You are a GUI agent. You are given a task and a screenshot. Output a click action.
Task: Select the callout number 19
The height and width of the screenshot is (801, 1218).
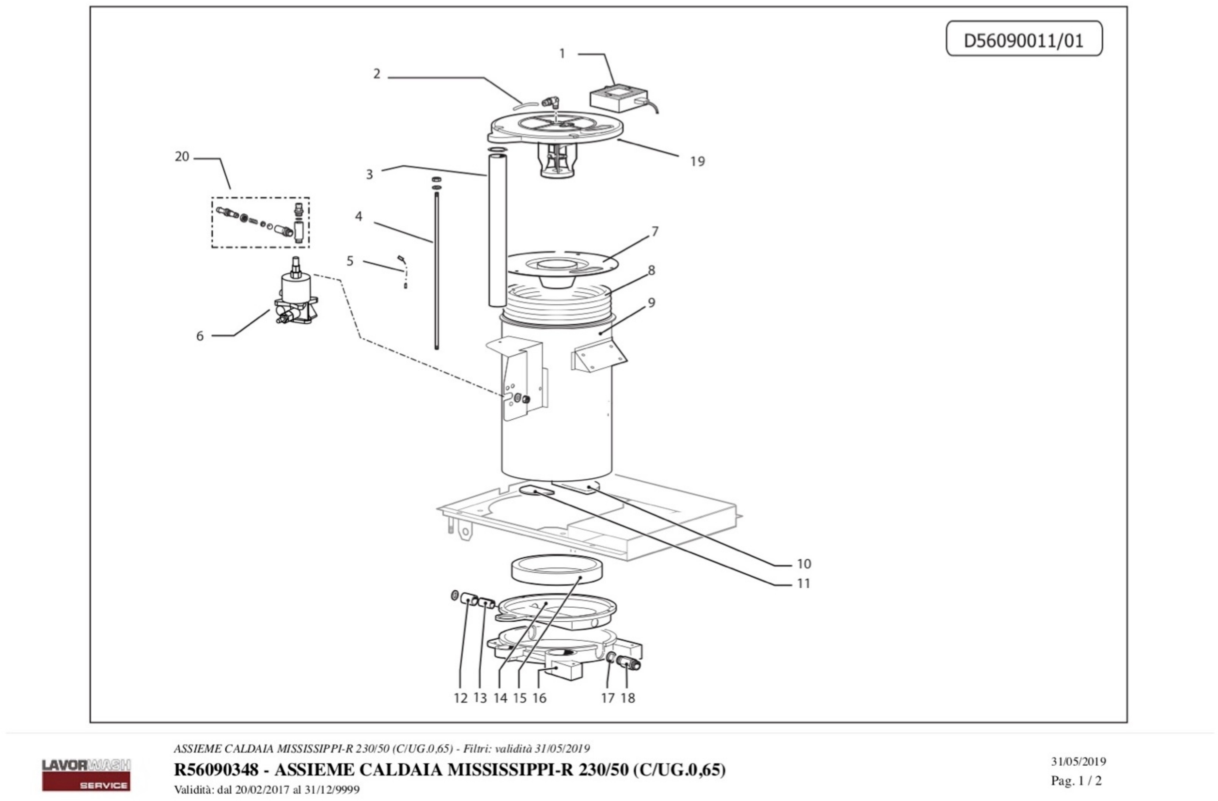point(697,162)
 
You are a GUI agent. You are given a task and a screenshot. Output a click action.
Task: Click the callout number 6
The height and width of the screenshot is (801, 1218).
point(200,336)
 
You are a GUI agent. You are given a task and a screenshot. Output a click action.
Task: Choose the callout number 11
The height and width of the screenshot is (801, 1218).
point(803,584)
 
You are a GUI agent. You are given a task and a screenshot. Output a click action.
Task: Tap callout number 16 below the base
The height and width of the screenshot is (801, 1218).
point(539,698)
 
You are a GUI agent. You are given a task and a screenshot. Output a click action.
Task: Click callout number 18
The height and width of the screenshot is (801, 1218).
point(628,698)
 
